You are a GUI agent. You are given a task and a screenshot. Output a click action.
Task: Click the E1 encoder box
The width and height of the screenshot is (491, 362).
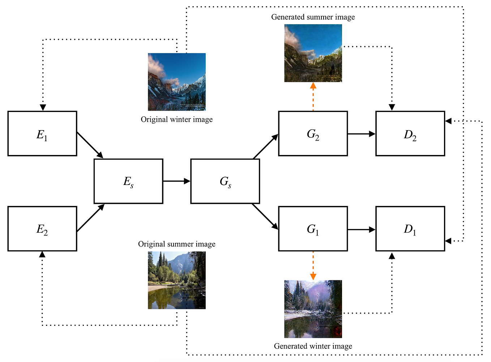42,133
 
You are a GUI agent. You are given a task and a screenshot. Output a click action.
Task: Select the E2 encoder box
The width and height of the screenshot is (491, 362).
42,229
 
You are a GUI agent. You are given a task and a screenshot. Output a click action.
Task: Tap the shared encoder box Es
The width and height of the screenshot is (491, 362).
128,181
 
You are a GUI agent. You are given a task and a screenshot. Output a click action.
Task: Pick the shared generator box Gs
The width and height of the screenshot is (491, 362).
225,181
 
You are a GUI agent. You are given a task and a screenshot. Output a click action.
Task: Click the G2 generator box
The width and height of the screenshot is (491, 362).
313,133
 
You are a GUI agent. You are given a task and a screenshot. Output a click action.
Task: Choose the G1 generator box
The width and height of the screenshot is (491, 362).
313,229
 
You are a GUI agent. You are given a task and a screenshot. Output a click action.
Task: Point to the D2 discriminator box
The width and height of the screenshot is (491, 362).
410,133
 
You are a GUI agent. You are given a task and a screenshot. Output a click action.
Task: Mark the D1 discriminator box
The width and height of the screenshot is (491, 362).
410,229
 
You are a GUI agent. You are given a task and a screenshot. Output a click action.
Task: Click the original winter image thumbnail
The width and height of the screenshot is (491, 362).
177,82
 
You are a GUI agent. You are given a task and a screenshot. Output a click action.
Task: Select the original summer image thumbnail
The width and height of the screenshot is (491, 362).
177,280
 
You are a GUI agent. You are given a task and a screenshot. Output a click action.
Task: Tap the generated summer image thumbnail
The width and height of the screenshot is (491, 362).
313,53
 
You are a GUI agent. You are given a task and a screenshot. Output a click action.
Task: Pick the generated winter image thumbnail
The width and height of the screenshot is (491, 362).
313,309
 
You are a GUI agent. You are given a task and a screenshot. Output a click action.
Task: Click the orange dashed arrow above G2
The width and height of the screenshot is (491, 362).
313,96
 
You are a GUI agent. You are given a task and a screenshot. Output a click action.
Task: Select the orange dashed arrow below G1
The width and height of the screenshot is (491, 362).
313,266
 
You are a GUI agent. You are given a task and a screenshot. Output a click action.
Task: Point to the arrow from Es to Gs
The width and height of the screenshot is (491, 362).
177,181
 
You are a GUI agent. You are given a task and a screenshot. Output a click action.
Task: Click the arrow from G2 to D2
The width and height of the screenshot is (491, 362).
362,134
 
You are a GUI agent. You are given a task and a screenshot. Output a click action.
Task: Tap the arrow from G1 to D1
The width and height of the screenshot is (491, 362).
362,229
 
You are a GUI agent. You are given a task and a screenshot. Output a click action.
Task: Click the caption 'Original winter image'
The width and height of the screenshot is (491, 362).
177,120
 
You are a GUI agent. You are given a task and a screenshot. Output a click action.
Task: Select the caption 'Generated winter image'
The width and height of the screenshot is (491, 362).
313,346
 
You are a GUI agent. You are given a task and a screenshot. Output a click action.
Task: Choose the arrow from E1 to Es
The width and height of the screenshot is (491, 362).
90,145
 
